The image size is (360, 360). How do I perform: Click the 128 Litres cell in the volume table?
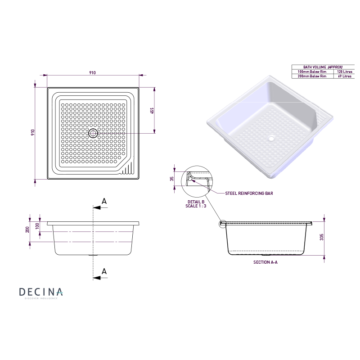point(345,72)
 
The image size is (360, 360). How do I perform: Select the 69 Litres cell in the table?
point(345,76)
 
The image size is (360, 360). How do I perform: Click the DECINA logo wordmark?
point(41,292)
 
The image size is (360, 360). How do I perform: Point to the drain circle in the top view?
point(93,133)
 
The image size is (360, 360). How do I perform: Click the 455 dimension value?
point(152,111)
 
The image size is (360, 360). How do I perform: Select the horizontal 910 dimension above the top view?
point(92,73)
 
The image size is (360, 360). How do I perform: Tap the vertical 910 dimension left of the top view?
point(33,132)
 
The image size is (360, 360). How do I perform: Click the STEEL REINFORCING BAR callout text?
point(249,193)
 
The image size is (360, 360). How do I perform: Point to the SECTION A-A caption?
point(265,261)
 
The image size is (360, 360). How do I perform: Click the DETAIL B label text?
point(196,202)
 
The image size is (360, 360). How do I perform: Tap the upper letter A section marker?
point(104,201)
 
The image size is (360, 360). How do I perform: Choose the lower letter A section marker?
point(104,271)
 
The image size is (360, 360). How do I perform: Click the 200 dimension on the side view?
point(27,229)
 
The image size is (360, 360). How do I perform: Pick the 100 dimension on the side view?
point(37,225)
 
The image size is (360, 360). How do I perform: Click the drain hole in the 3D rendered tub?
point(271,138)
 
